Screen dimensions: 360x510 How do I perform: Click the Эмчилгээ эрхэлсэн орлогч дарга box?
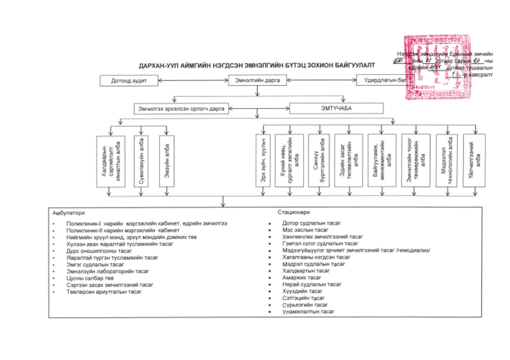pos(182,108)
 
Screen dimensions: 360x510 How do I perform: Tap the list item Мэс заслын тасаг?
pos(305,230)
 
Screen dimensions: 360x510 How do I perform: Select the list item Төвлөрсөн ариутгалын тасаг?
pos(104,292)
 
